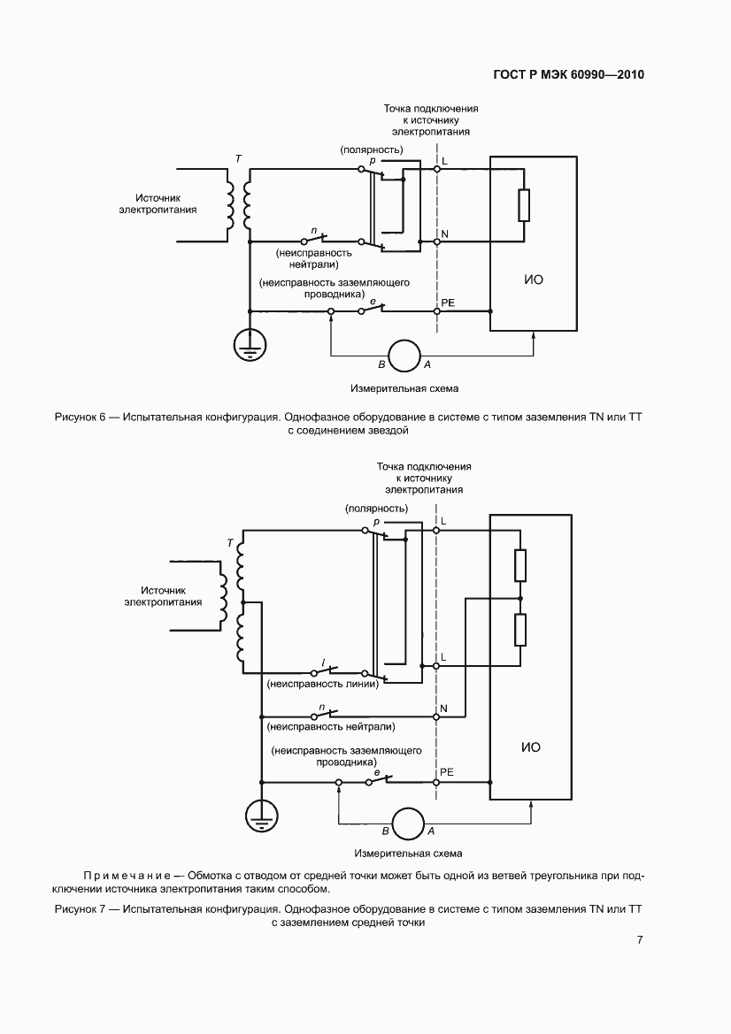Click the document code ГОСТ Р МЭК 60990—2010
(x=569, y=74)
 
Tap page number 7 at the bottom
(x=639, y=939)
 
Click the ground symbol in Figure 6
(x=250, y=344)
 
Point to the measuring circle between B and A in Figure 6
(x=404, y=356)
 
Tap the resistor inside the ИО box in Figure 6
(x=524, y=205)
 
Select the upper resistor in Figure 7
(x=520, y=564)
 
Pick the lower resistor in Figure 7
(x=520, y=630)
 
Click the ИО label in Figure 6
(x=534, y=280)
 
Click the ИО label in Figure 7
(x=531, y=747)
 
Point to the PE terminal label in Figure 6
(x=448, y=303)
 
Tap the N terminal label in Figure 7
(x=444, y=708)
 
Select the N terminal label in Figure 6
(x=444, y=234)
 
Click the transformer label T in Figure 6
(x=238, y=159)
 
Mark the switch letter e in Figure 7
(x=377, y=772)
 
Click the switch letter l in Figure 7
(x=323, y=663)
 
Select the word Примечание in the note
(x=127, y=876)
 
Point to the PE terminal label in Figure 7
(x=447, y=772)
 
